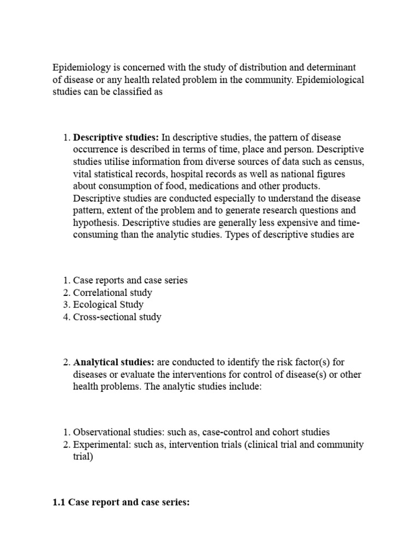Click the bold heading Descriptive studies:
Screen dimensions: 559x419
click(x=116, y=138)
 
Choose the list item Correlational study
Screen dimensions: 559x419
click(x=112, y=293)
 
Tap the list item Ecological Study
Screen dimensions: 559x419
click(x=108, y=305)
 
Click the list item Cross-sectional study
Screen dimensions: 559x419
click(x=117, y=317)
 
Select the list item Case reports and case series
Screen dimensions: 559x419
click(x=130, y=280)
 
